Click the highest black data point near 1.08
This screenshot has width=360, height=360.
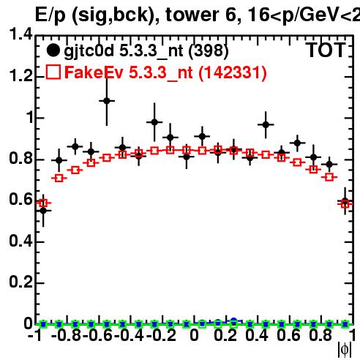[x=107, y=100]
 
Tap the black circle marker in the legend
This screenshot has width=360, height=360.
[x=53, y=50]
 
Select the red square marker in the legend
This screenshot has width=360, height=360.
[x=53, y=72]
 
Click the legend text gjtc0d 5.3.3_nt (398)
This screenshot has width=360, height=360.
[x=146, y=51]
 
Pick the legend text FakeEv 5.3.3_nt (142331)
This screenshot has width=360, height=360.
[x=165, y=72]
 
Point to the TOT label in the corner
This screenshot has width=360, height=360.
[x=326, y=50]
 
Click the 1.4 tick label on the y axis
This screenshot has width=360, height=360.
[x=20, y=34]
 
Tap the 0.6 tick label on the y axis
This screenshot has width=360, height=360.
[x=20, y=199]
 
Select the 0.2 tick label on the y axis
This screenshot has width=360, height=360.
[x=20, y=282]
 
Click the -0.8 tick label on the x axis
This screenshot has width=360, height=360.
[x=67, y=335]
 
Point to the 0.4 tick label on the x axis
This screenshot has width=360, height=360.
[x=257, y=335]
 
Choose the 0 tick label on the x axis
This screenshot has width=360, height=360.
[x=194, y=335]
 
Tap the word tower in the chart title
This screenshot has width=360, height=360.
[x=192, y=15]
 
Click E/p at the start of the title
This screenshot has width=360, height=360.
[x=50, y=15]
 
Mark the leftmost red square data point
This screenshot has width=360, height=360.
[x=43, y=203]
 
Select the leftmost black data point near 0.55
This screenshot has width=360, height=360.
[x=43, y=211]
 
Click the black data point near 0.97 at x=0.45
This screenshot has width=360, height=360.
[x=266, y=124]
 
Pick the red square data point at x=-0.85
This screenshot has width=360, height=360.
[x=59, y=178]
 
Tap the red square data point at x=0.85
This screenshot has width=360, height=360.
[x=329, y=177]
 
